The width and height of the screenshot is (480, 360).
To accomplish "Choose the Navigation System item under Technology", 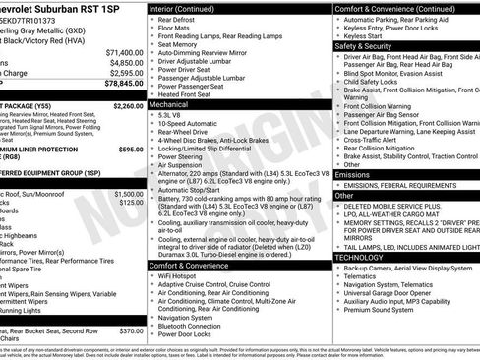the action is point(393,283).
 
